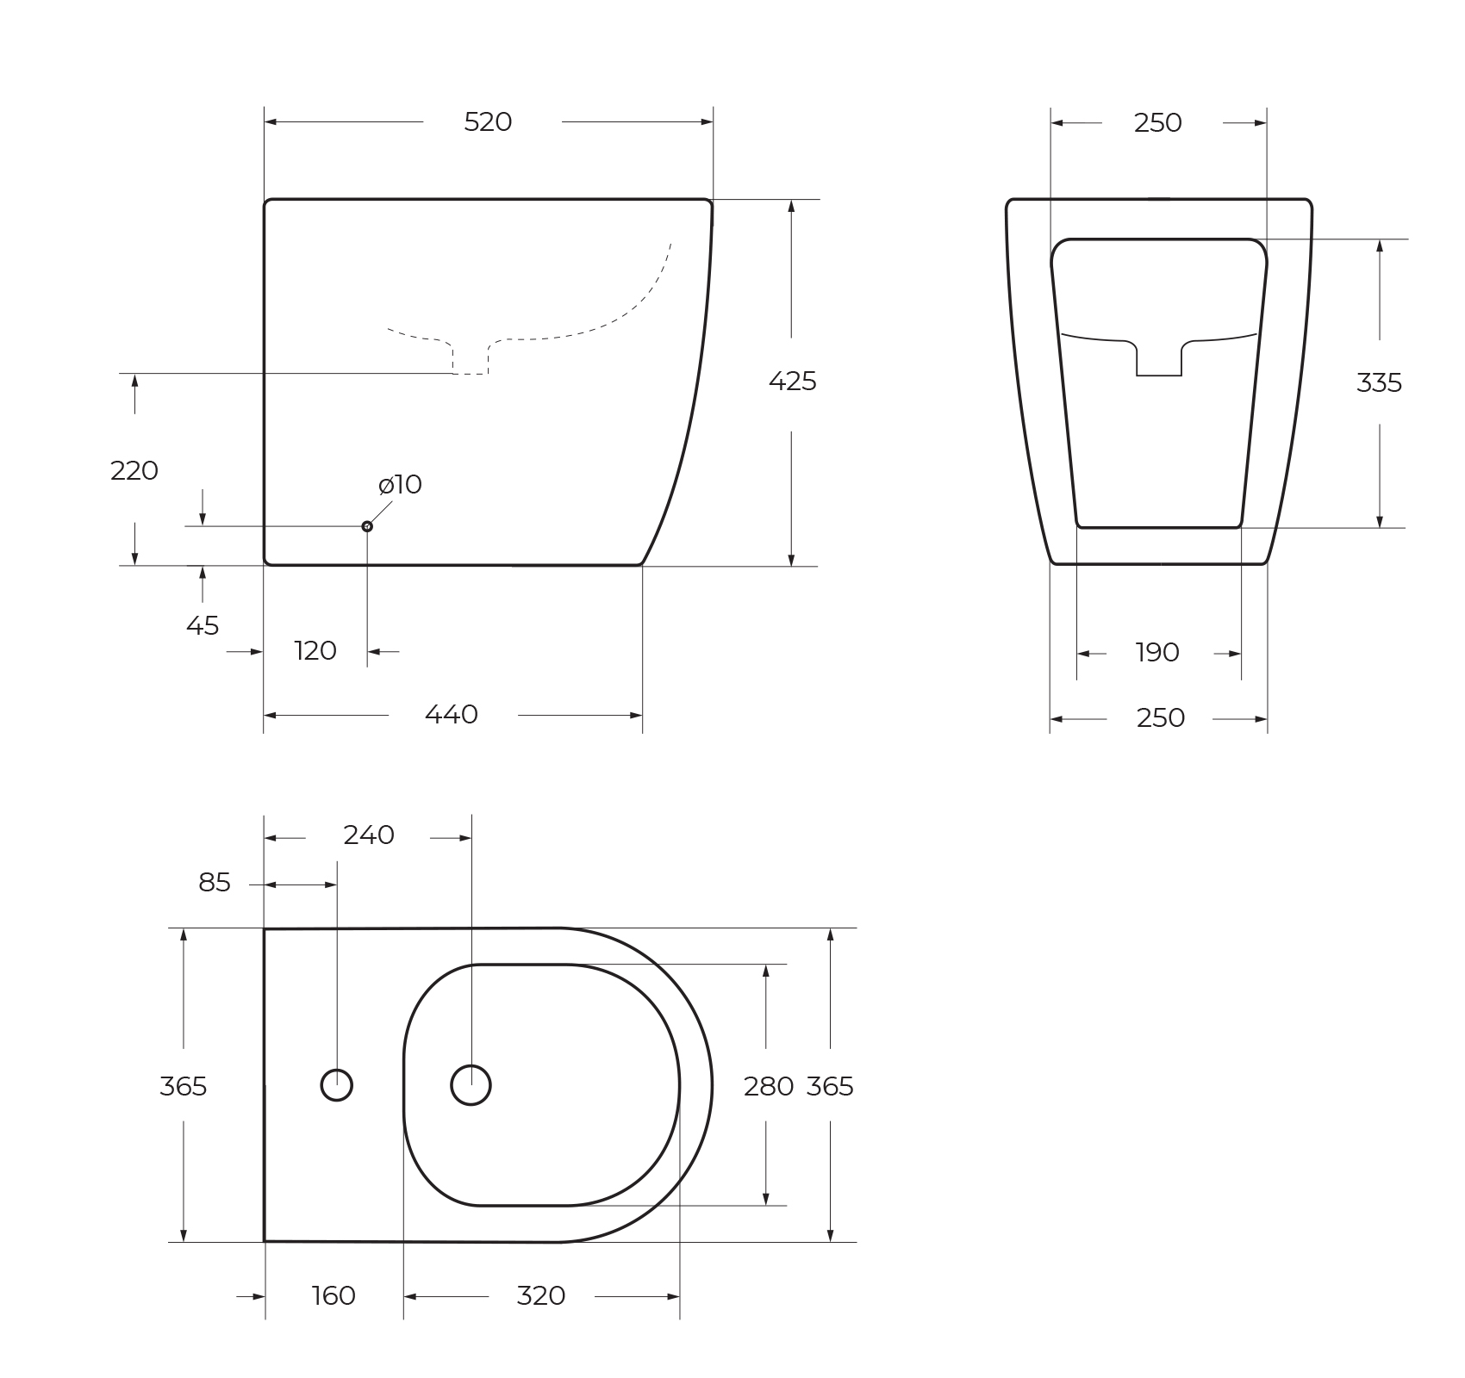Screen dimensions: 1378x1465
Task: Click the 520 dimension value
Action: coord(488,122)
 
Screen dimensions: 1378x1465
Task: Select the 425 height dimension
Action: coord(792,381)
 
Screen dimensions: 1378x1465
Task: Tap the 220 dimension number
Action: coord(134,471)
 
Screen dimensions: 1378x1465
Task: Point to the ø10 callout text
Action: coord(401,485)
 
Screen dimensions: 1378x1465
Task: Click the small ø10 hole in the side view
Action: coord(367,526)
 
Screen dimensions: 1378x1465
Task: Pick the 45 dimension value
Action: coord(203,626)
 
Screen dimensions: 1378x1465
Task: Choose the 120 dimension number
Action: coord(315,651)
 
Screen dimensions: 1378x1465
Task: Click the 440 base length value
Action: coord(452,715)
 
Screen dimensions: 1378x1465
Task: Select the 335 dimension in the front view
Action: coord(1379,382)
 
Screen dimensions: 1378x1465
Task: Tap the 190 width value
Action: coord(1157,653)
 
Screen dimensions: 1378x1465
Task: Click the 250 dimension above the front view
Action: coord(1157,123)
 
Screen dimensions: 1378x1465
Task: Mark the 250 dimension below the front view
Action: coord(1160,718)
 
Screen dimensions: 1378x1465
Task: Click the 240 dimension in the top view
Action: coord(369,835)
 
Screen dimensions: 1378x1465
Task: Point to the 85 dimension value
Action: coord(215,883)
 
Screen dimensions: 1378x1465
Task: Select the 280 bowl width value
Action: coord(768,1087)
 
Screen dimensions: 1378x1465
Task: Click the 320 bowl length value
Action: coord(540,1296)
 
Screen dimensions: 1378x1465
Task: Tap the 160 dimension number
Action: coord(334,1296)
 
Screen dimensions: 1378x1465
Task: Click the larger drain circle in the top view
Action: coord(471,1085)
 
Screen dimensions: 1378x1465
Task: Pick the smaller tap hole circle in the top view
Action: coord(336,1085)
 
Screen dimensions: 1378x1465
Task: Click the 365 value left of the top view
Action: coord(184,1087)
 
